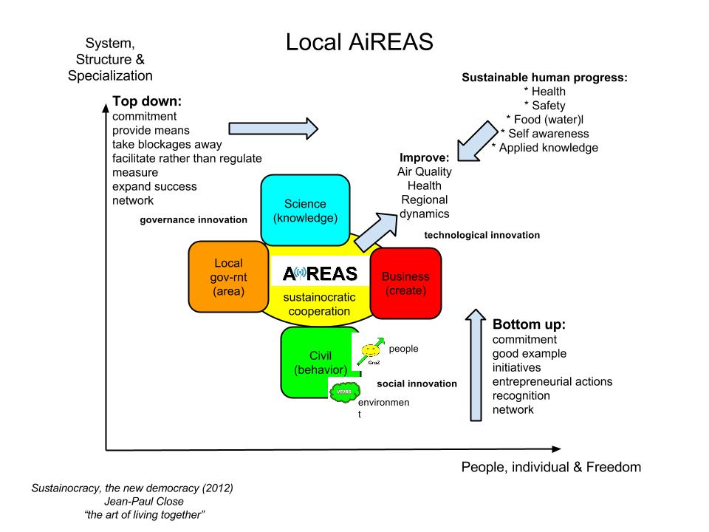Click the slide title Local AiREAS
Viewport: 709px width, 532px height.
(359, 42)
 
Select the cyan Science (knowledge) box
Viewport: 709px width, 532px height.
(305, 211)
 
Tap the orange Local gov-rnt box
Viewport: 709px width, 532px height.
(228, 277)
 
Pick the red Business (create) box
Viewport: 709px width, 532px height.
(405, 283)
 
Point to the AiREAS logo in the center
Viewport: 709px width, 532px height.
(321, 273)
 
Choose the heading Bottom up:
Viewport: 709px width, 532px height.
(529, 324)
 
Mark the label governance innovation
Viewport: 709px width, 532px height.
(193, 220)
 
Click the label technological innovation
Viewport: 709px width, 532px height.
(482, 235)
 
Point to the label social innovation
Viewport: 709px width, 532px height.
(417, 384)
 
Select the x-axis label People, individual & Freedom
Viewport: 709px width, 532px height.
(551, 466)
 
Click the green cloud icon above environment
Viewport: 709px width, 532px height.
(344, 392)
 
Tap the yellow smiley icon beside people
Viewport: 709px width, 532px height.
(371, 350)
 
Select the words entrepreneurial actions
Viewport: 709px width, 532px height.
(552, 381)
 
